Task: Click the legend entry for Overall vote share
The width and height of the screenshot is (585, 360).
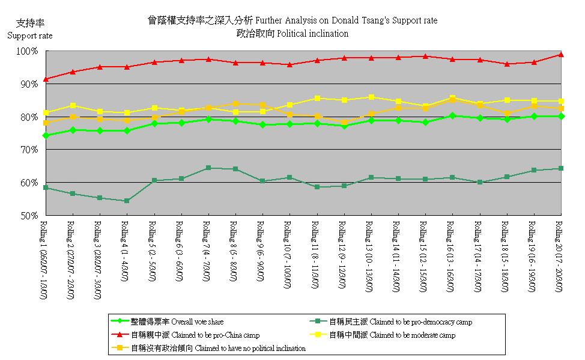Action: (174, 322)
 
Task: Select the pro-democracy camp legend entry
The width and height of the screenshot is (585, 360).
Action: (396, 322)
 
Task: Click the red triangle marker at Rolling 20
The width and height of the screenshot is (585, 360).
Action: (560, 55)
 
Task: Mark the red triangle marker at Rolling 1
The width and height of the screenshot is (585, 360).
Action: (46, 79)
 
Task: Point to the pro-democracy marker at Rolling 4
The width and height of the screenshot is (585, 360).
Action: (126, 201)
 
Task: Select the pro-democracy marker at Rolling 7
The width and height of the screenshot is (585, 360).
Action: (208, 168)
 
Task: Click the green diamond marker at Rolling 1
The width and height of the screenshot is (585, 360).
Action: (46, 135)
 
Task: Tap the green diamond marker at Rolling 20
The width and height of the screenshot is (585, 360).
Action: (560, 116)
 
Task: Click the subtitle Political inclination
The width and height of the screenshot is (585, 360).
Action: (292, 34)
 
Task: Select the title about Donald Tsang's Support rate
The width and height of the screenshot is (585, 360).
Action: (292, 20)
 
